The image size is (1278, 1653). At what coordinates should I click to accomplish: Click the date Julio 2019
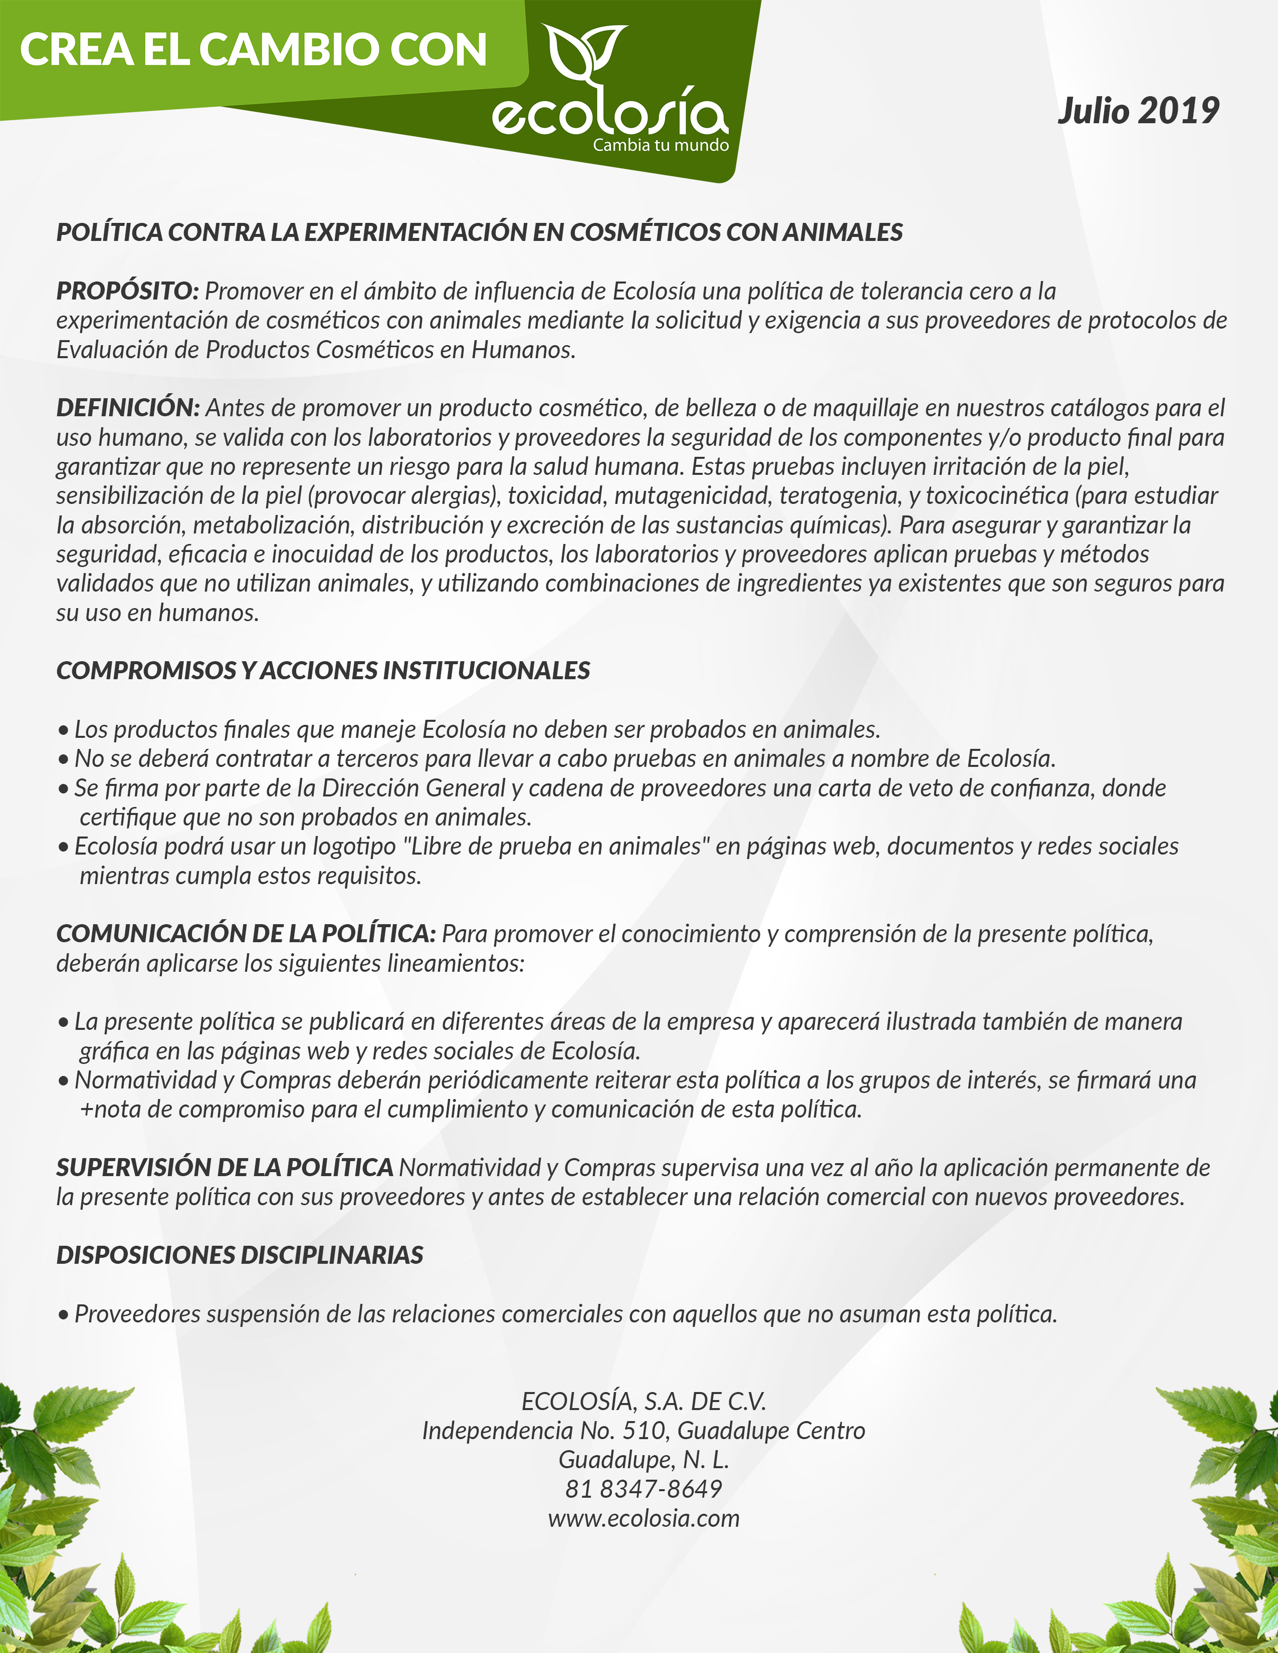pyautogui.click(x=1138, y=111)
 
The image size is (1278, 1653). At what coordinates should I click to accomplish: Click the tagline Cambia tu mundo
pyautogui.click(x=660, y=145)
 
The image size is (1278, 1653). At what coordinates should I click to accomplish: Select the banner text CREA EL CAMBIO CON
pyautogui.click(x=253, y=50)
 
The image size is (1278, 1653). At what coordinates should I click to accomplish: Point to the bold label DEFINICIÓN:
pyautogui.click(x=128, y=407)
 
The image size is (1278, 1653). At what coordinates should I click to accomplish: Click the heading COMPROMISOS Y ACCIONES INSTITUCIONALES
pyautogui.click(x=323, y=671)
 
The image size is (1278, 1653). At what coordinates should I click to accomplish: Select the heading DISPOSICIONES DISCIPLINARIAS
pyautogui.click(x=239, y=1255)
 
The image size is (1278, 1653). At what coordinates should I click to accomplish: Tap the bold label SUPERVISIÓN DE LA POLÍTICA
pyautogui.click(x=224, y=1167)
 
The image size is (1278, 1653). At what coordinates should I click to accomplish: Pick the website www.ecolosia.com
pyautogui.click(x=644, y=1518)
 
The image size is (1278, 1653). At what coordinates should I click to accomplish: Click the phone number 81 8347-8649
pyautogui.click(x=644, y=1489)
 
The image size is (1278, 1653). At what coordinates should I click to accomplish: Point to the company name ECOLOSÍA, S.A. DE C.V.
pyautogui.click(x=644, y=1402)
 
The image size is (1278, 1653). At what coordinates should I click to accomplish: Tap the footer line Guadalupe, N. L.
pyautogui.click(x=644, y=1459)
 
